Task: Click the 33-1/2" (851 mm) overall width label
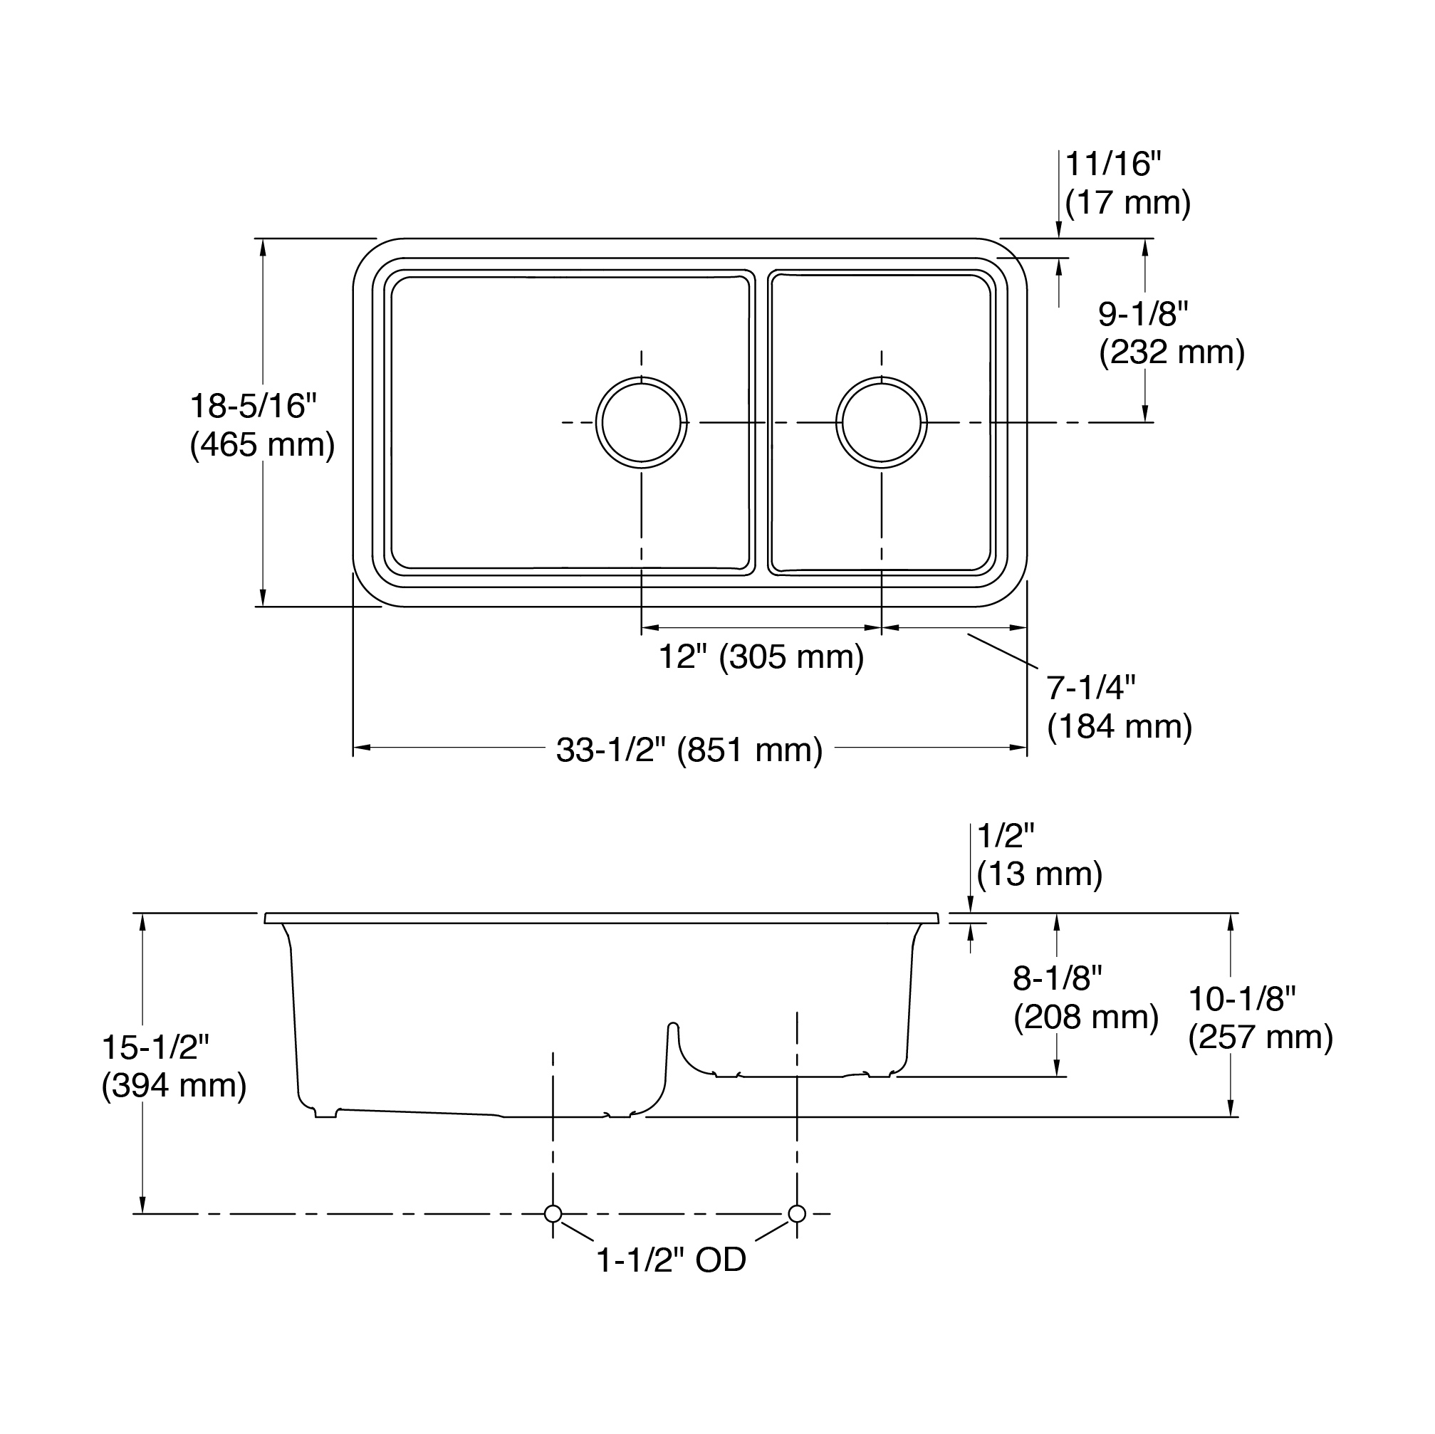coord(689,750)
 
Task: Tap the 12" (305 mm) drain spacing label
coord(761,656)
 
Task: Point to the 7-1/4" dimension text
coord(1091,688)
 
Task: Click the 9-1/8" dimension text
coord(1144,314)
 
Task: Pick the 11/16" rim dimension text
coord(1112,164)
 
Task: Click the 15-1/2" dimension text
coord(156,1047)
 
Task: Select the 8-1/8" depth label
coord(1058,979)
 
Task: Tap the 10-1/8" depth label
coord(1242,999)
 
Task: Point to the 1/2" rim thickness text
coord(1006,836)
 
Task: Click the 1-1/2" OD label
coord(672,1260)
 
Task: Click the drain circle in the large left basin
coord(641,422)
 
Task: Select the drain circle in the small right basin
coord(882,422)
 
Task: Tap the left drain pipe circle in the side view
coord(553,1213)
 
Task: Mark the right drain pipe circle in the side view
coord(797,1213)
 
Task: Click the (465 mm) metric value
coord(262,445)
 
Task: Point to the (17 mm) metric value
coord(1127,202)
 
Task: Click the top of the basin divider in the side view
coord(673,1025)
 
